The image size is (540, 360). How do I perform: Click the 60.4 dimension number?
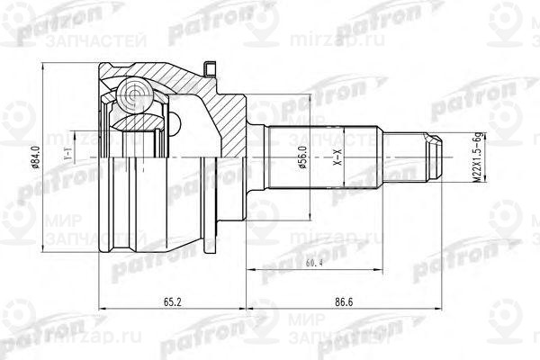tap(316, 262)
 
